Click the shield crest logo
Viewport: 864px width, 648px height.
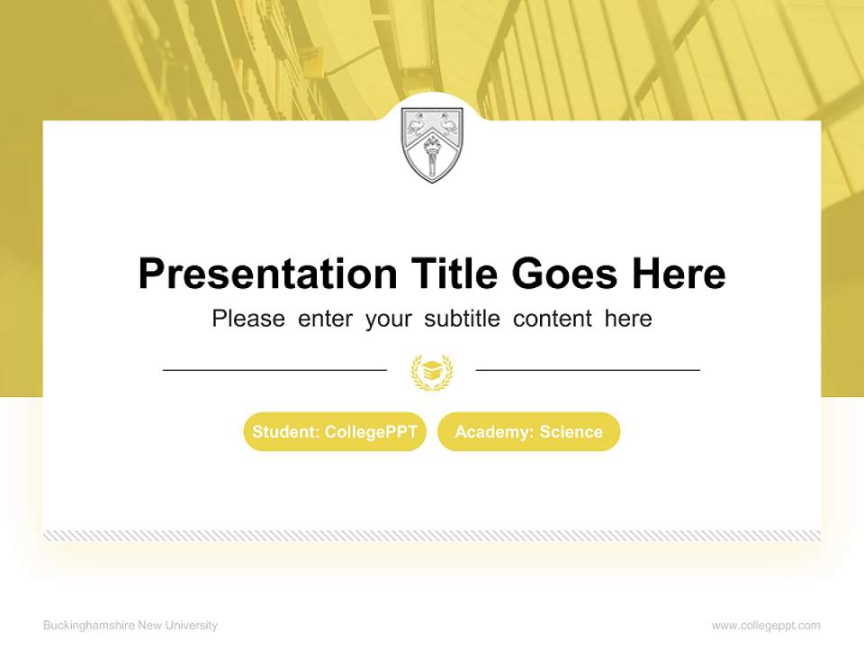click(x=432, y=144)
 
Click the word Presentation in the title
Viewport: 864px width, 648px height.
click(x=267, y=274)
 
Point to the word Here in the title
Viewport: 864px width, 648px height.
click(x=678, y=274)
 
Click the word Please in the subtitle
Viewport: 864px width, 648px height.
click(x=248, y=319)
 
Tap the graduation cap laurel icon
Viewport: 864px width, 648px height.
click(x=432, y=371)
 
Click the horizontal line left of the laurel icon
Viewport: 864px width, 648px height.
click(x=274, y=369)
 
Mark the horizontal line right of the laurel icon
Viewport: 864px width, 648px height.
click(x=588, y=369)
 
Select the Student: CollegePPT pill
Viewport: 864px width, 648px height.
click(x=335, y=432)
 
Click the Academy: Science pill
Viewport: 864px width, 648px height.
click(x=529, y=432)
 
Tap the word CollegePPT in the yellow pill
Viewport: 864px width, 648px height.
click(x=371, y=432)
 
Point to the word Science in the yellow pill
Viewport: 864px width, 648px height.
click(x=571, y=432)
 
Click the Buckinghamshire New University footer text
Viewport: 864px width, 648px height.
click(x=130, y=625)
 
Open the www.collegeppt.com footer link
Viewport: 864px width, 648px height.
click(x=766, y=625)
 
